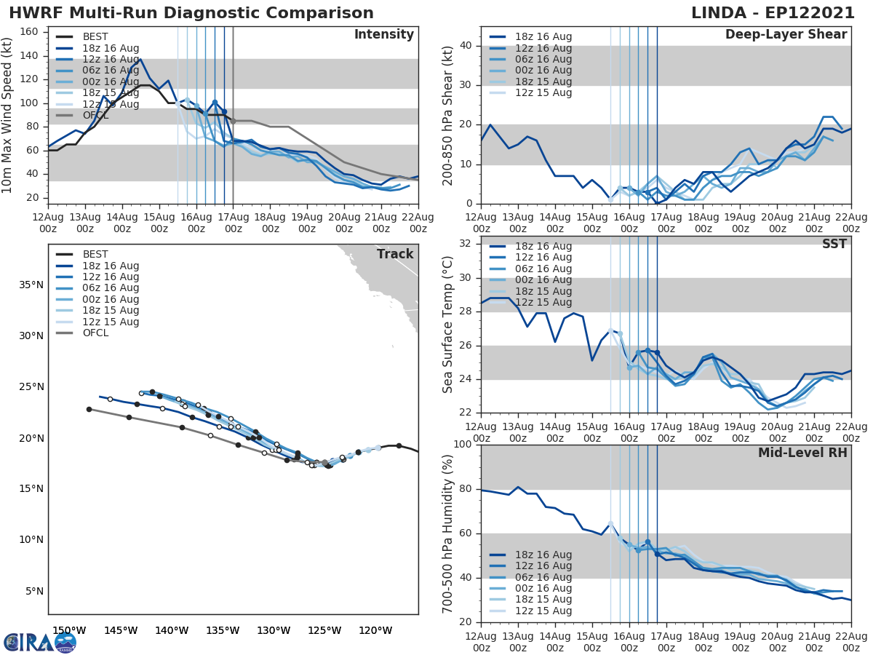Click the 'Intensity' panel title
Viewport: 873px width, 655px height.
click(x=383, y=35)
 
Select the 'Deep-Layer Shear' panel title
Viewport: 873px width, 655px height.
click(x=786, y=35)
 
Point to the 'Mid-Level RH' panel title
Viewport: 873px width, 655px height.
click(x=802, y=453)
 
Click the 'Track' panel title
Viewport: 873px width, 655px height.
click(x=395, y=254)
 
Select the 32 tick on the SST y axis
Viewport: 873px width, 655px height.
click(x=466, y=245)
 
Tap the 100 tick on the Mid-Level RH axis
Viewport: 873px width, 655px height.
click(x=463, y=445)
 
